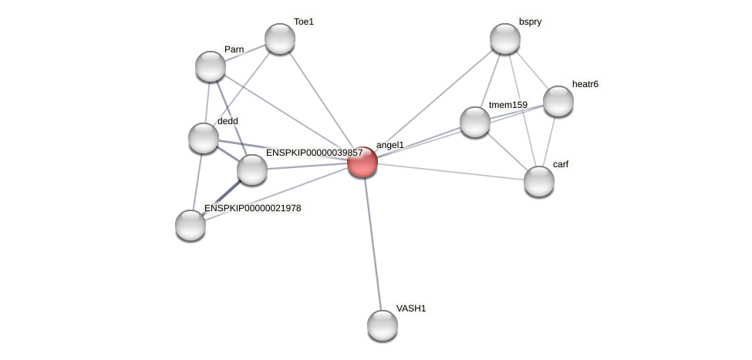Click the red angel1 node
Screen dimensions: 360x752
click(362, 162)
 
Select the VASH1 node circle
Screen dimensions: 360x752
click(382, 325)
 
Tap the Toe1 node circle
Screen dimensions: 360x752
click(279, 39)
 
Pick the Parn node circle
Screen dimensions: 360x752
click(211, 66)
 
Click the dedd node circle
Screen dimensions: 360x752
click(204, 138)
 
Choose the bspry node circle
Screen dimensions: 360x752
click(505, 39)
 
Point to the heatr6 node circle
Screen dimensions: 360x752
click(558, 101)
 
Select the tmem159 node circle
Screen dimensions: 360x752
click(475, 122)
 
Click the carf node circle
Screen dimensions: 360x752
click(539, 181)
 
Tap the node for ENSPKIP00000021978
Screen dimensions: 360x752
click(191, 225)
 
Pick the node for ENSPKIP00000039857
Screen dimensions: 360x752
click(251, 170)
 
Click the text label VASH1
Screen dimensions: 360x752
click(411, 308)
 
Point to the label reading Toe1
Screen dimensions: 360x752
click(304, 22)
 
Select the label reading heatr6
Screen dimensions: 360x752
click(585, 84)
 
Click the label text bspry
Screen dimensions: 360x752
click(530, 22)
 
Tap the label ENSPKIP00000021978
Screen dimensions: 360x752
click(252, 208)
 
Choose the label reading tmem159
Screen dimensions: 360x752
click(508, 105)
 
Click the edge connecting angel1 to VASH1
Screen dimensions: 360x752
click(372, 244)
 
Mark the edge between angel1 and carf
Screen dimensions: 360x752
click(450, 171)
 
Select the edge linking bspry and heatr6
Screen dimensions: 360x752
click(532, 70)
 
